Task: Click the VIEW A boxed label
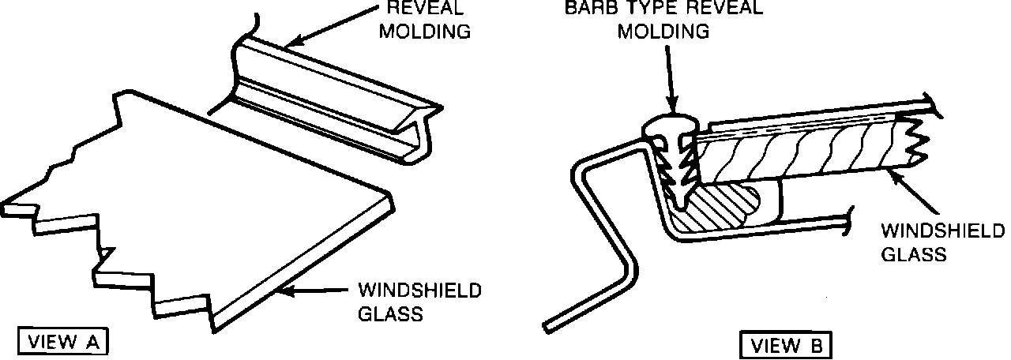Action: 62,342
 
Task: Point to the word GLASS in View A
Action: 392,313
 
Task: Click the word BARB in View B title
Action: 592,8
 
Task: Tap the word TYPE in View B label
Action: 659,8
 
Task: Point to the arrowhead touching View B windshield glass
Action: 896,173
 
